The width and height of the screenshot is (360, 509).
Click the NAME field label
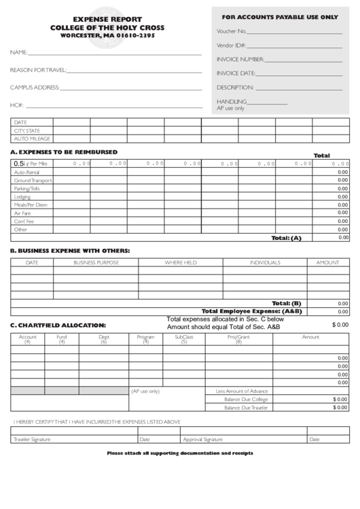(18, 52)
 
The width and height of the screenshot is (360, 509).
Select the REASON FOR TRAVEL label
(38, 70)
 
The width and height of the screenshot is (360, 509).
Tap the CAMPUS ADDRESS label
(35, 87)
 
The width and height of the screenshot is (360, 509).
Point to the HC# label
(17, 105)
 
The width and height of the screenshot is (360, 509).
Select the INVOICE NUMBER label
(240, 59)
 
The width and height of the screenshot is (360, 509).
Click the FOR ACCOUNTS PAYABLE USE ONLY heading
(280, 16)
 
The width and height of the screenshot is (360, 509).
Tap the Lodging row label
(22, 196)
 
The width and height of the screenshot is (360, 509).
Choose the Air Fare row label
(22, 213)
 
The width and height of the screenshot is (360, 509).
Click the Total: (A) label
(286, 238)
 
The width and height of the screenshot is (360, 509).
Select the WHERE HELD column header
(181, 262)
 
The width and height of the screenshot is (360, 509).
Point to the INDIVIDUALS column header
(265, 262)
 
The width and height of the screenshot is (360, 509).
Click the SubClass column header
(184, 337)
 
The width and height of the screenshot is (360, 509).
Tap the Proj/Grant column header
(238, 337)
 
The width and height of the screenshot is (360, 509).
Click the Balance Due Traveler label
(246, 407)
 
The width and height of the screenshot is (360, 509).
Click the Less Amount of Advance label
(242, 391)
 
